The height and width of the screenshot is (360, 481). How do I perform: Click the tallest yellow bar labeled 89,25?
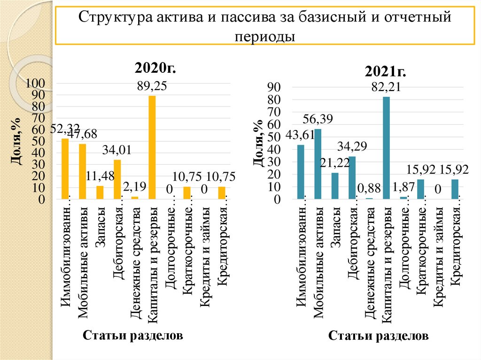click(x=152, y=147)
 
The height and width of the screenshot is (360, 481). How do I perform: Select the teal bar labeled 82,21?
click(x=387, y=148)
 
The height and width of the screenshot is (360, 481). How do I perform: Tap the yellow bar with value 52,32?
click(x=65, y=169)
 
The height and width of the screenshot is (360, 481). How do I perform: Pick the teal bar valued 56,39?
click(x=318, y=164)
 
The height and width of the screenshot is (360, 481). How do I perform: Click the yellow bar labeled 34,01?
click(x=117, y=179)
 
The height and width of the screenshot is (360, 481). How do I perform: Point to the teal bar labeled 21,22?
click(x=335, y=186)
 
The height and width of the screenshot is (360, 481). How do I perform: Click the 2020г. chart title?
click(x=155, y=69)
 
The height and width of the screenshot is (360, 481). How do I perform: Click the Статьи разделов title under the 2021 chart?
click(x=378, y=336)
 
